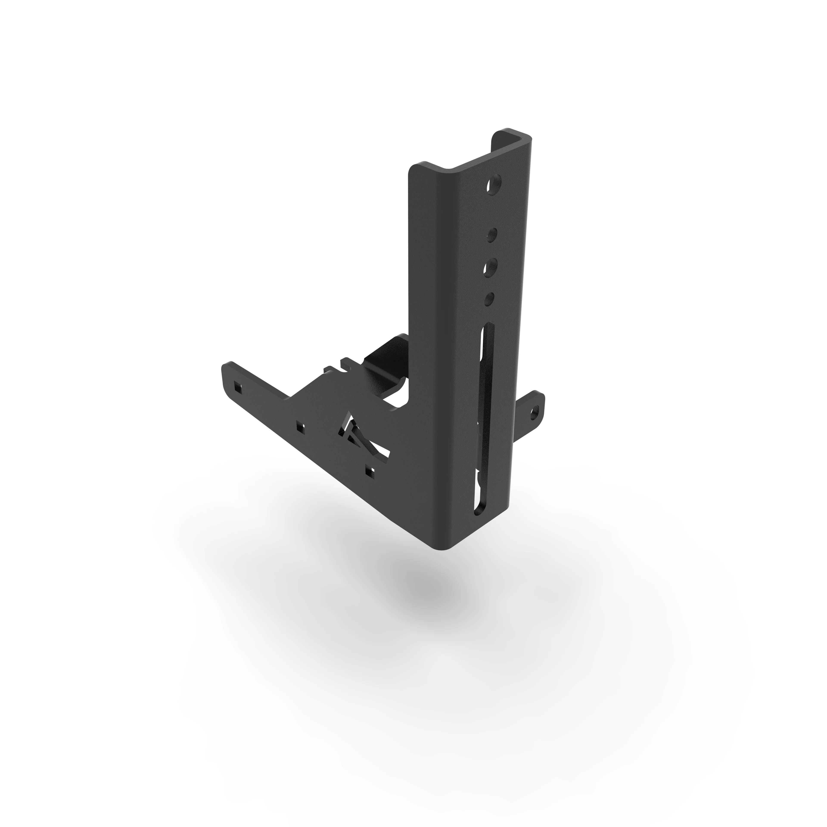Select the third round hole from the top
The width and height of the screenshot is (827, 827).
click(x=491, y=265)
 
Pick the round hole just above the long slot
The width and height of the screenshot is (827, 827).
click(x=490, y=298)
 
